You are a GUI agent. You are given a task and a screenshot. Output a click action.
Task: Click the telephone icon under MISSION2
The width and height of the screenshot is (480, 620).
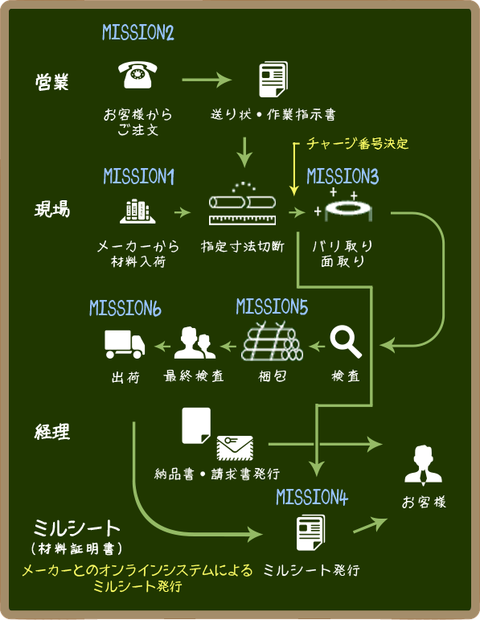(x=137, y=74)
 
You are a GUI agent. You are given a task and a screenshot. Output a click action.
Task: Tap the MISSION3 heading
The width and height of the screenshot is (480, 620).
(x=343, y=176)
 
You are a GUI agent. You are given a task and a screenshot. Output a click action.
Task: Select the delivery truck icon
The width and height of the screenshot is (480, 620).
(x=125, y=344)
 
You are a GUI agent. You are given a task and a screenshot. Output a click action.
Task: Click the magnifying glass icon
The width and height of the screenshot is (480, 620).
(x=346, y=342)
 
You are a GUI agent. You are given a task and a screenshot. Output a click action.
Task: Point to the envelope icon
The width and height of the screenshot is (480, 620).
(x=235, y=448)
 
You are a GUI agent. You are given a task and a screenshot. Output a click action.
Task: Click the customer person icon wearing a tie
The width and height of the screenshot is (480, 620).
(x=423, y=466)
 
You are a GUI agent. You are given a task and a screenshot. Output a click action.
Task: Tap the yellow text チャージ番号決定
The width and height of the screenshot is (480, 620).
(x=358, y=143)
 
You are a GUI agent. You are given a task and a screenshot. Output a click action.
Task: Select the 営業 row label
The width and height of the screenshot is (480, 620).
(x=51, y=82)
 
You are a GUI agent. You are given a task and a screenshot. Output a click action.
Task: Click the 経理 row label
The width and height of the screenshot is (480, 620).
(x=51, y=431)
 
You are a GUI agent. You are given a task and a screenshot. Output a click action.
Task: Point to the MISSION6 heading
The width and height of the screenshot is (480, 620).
(x=125, y=308)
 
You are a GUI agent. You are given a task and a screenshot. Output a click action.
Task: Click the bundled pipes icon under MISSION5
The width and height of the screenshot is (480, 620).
(x=272, y=341)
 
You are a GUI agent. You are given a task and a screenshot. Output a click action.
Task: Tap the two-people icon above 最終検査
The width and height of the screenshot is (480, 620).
(x=195, y=343)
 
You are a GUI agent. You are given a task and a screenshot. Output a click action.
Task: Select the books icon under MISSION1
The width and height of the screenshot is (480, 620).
(x=137, y=211)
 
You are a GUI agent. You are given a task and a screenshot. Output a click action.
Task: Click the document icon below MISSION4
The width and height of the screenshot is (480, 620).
(x=311, y=532)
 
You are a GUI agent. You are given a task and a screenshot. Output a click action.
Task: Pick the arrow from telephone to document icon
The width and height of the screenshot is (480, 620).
(x=207, y=80)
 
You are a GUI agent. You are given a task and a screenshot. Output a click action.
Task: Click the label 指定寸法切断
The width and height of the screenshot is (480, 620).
(x=242, y=246)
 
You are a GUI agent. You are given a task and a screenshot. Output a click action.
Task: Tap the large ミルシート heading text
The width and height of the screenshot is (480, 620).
(x=76, y=528)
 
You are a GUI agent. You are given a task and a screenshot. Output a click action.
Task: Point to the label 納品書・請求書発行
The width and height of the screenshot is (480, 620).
(x=217, y=474)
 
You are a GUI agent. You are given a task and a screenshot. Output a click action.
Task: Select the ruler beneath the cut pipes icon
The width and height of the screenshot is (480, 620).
(x=242, y=220)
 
